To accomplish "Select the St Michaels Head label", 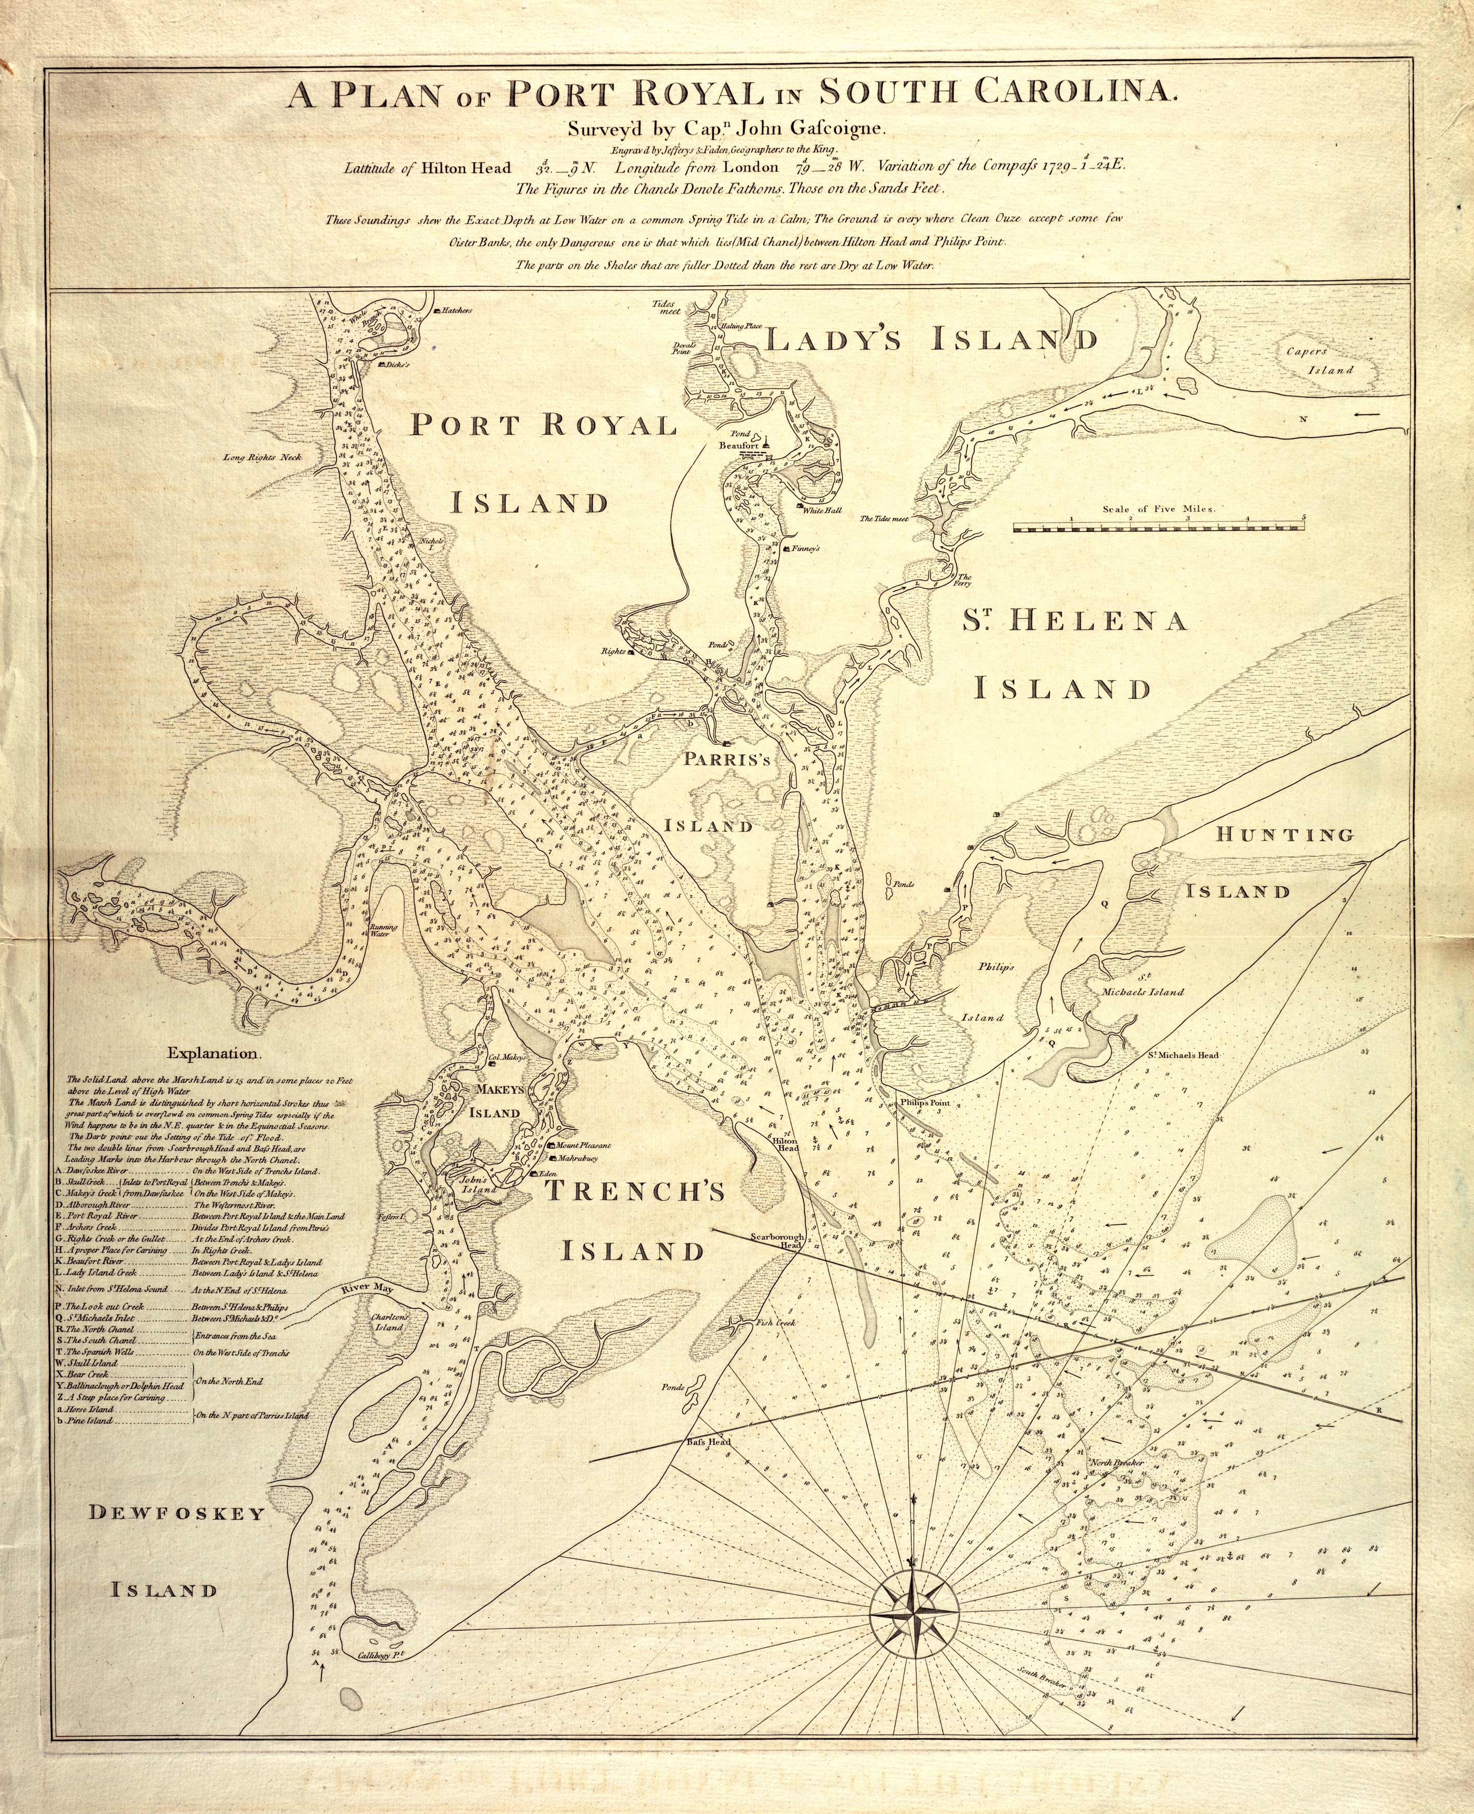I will point(1182,1054).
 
